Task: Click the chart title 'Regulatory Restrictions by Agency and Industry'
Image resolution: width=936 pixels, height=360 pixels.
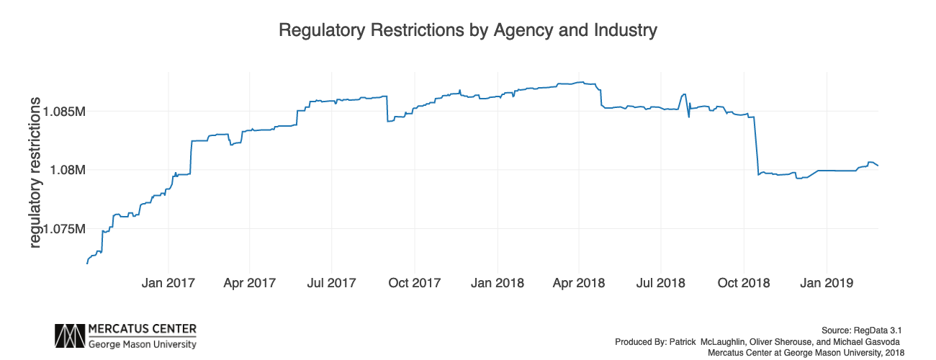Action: (468, 31)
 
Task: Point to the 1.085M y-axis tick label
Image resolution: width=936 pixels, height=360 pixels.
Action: (65, 112)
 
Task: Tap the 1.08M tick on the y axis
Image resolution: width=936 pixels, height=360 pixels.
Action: (69, 171)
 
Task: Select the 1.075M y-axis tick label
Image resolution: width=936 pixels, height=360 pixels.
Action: (65, 229)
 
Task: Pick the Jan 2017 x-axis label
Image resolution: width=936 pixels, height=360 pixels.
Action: (168, 283)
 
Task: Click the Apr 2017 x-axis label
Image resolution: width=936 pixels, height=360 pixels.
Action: (249, 283)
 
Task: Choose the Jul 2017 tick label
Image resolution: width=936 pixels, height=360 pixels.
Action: (331, 283)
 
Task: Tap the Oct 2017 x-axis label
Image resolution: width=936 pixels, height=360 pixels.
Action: (415, 283)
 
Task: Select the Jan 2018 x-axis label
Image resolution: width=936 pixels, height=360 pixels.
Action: (497, 283)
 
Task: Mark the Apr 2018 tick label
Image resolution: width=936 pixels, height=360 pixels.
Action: (578, 283)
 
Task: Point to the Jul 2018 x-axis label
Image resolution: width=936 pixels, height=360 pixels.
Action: (660, 283)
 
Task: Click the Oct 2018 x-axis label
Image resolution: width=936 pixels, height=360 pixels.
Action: (744, 283)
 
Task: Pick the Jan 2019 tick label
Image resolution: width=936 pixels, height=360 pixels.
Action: (826, 283)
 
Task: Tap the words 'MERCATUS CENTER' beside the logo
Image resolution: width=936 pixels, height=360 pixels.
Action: (142, 330)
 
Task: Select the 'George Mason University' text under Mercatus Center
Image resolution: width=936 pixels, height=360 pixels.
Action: (142, 344)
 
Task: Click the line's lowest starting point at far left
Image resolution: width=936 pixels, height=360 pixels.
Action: (87, 264)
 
